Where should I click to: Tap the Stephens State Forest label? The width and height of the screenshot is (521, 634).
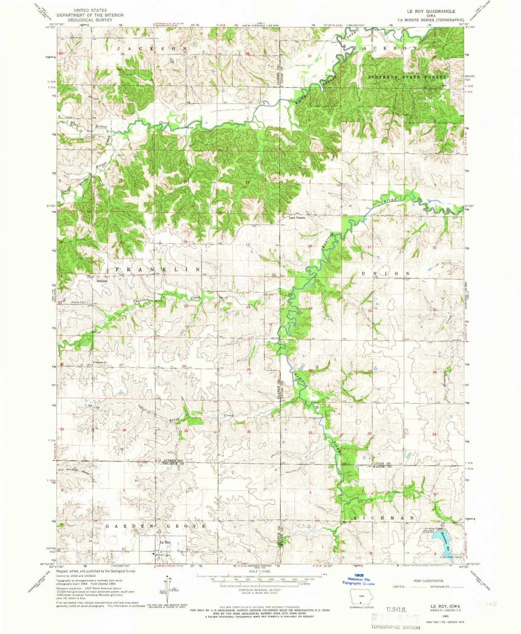pos(406,77)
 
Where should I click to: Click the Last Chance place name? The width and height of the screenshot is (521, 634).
pos(297,218)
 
